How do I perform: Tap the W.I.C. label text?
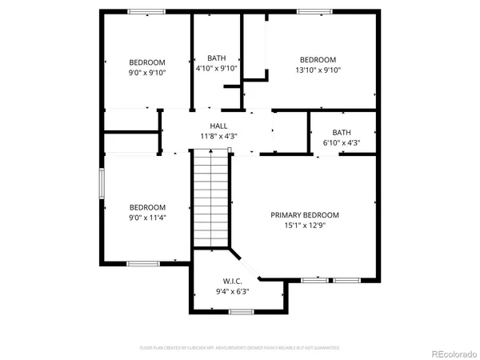(x=232, y=282)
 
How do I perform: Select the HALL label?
(x=218, y=126)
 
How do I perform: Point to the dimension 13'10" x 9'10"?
(x=318, y=70)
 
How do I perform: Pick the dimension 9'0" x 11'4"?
(x=147, y=217)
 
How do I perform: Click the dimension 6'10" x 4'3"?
(x=342, y=143)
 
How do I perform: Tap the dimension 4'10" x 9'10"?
(x=217, y=68)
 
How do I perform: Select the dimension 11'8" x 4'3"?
(x=218, y=137)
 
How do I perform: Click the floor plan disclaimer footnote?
(x=240, y=348)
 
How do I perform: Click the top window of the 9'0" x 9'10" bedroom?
(x=147, y=11)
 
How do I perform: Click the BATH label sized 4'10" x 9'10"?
(x=217, y=58)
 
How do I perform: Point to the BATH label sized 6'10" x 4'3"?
(x=342, y=133)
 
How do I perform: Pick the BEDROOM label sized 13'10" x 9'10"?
(x=318, y=59)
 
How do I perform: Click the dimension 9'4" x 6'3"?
(x=232, y=292)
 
